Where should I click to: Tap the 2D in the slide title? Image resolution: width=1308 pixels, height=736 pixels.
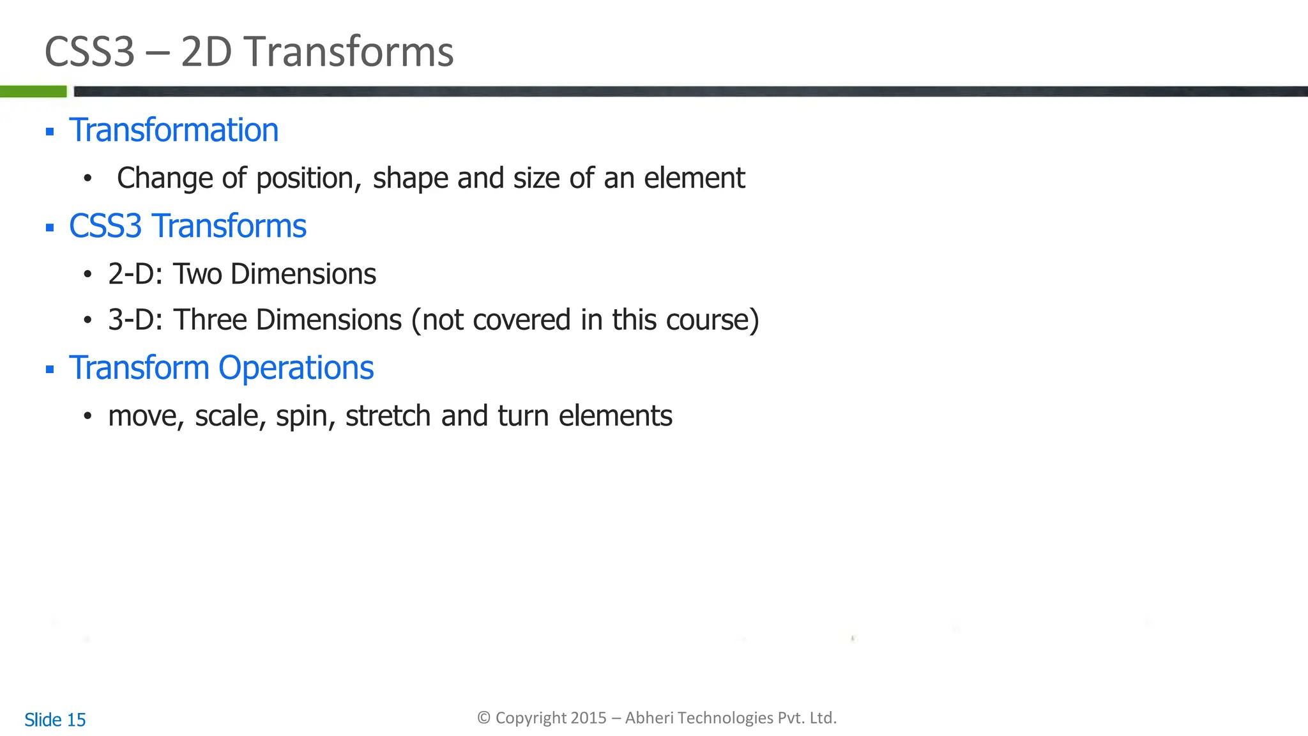click(x=206, y=52)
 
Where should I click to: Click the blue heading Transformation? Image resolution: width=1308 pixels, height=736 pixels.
click(x=174, y=130)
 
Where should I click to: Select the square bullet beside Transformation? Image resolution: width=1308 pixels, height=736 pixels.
click(x=50, y=132)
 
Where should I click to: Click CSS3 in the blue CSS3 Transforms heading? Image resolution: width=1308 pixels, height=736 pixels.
click(x=105, y=226)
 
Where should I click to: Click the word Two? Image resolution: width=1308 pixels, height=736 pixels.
click(x=197, y=274)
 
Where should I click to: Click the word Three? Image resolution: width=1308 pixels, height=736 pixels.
click(x=210, y=320)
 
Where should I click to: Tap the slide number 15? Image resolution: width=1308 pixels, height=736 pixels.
click(x=76, y=720)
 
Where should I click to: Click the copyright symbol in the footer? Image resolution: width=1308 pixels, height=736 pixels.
click(x=484, y=718)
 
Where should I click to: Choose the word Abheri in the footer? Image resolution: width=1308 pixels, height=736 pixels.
click(x=649, y=718)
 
